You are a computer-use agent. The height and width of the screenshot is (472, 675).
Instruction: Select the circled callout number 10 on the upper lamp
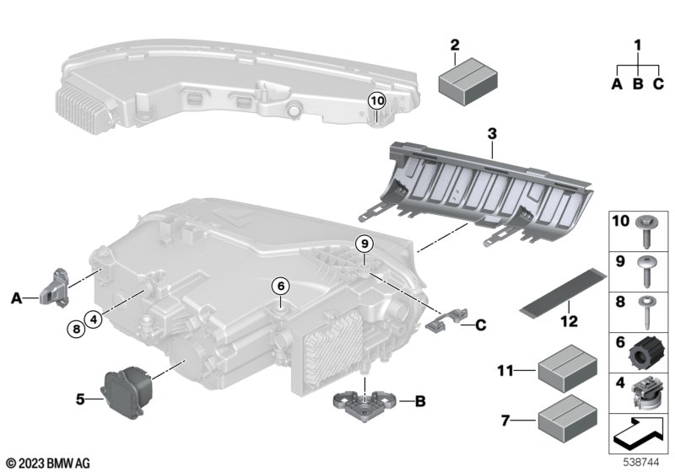coord(376,101)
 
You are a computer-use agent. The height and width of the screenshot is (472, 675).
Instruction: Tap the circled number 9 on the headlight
coord(364,244)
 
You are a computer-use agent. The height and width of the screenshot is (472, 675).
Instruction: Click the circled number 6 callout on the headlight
coord(280,286)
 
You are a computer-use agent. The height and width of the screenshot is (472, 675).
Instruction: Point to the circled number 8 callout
coord(75,330)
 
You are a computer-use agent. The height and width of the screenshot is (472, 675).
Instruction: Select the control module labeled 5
coord(127,394)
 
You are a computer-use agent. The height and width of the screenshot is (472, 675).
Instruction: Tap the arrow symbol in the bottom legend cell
coord(637,438)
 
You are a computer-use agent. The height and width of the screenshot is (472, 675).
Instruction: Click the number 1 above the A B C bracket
coord(638,45)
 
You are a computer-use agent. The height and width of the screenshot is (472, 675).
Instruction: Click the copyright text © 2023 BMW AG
coord(47,462)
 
